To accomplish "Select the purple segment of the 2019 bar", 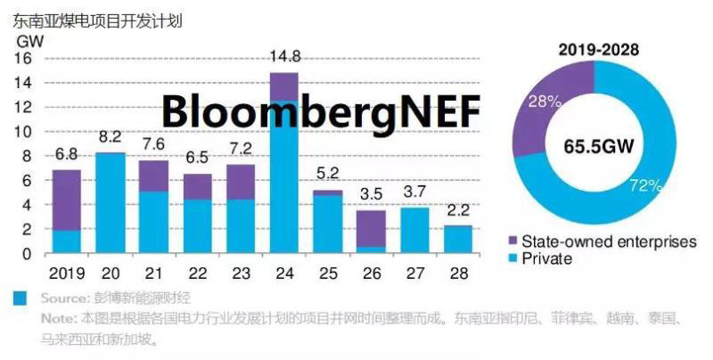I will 66,200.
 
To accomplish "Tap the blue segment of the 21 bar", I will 153,222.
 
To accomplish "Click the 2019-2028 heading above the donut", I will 599,50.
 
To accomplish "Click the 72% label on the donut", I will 644,185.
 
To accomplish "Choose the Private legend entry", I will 546,258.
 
